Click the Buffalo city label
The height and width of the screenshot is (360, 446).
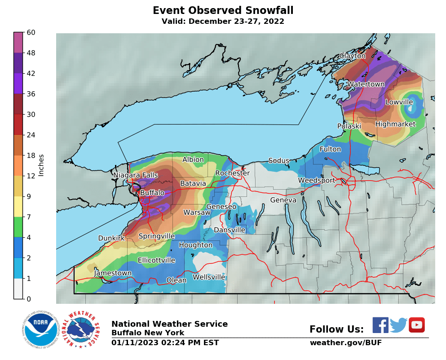coord(152,193)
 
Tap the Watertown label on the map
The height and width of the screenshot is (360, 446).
coord(366,84)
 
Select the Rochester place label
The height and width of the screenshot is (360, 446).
coord(232,173)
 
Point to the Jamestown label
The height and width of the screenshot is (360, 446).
coord(113,273)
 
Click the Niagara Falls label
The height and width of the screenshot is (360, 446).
coord(135,175)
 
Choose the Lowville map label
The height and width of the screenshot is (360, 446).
coord(399,102)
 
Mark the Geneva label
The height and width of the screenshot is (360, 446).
coord(283,200)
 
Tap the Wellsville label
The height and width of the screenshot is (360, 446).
coord(209,277)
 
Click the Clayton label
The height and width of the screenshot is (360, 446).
coord(353,56)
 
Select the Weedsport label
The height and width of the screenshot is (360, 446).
coord(317,181)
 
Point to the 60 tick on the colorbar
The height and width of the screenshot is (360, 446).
coord(31,32)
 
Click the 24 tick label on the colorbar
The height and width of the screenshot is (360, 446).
coord(31,135)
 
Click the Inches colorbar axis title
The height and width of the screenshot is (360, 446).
coord(41,165)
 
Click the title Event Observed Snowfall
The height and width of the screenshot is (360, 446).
coord(223,11)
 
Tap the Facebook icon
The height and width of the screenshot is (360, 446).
coord(380,325)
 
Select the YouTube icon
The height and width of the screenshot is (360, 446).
coord(416,325)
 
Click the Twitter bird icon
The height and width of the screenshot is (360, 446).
coord(398,325)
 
